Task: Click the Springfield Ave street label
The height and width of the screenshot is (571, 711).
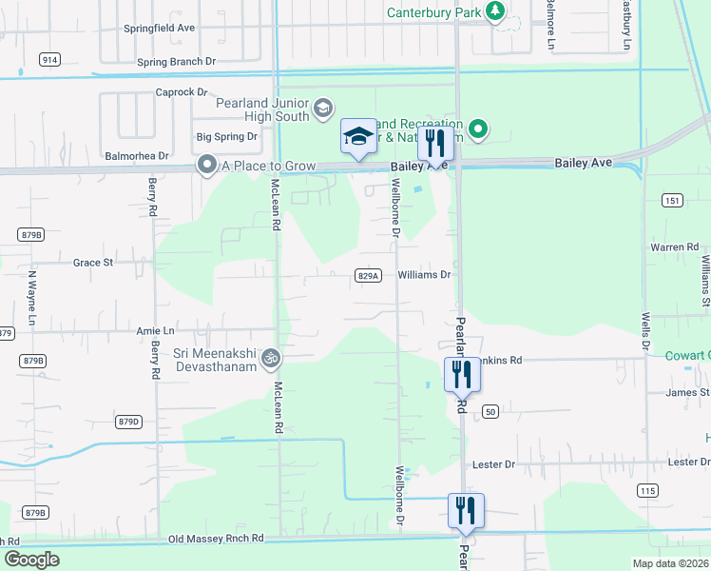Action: tap(159, 29)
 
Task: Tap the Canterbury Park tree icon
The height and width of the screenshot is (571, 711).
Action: tap(494, 11)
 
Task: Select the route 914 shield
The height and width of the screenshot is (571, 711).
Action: tap(49, 59)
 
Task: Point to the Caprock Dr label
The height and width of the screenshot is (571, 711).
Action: tap(181, 92)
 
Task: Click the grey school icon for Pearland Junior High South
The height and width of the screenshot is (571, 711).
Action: tap(323, 107)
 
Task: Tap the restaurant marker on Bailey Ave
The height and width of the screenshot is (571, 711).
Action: tap(435, 144)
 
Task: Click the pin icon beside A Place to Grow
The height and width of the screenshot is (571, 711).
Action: tap(205, 166)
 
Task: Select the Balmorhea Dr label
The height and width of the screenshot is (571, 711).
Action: tap(136, 155)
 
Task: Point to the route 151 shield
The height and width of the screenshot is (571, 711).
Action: tap(673, 200)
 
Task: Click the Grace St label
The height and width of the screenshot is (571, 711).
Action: tap(93, 262)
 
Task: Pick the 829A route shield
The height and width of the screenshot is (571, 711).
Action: tap(369, 276)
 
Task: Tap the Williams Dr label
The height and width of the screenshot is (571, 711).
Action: tap(423, 275)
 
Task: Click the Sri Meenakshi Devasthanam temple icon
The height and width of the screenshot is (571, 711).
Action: tap(270, 359)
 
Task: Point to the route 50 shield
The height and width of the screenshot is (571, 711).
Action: tap(490, 411)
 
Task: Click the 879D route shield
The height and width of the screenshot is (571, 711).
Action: tap(128, 421)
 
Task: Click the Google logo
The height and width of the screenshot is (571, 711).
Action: tap(31, 560)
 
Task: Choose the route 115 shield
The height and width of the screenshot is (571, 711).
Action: tap(647, 490)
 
